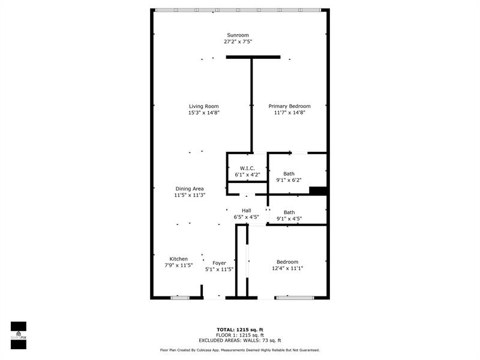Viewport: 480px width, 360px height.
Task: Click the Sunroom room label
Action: coord(238,35)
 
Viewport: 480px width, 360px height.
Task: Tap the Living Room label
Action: coord(203,106)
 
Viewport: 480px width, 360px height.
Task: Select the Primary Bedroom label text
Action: coord(289,106)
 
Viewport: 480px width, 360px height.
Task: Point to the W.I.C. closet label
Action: coord(247,168)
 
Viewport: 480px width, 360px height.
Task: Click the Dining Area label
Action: coord(190,188)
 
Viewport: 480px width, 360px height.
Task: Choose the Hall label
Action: coord(246,211)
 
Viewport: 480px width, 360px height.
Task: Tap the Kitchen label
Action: coord(178,259)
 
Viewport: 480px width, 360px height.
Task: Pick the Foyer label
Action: coord(219,263)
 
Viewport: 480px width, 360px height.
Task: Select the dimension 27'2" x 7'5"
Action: coord(238,41)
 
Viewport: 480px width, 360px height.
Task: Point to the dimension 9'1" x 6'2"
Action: coord(289,180)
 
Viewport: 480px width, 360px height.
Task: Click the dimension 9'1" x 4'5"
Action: coord(289,218)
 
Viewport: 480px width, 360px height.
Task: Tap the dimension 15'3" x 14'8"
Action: coord(203,113)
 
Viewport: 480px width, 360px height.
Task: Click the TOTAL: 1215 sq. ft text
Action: coord(240,329)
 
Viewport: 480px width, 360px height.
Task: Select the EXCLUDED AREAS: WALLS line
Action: coord(240,340)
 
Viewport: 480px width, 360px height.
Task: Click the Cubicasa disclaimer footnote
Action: coord(240,350)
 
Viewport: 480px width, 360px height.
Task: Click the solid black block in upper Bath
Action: coord(318,191)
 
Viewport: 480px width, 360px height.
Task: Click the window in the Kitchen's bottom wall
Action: coord(179,297)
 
